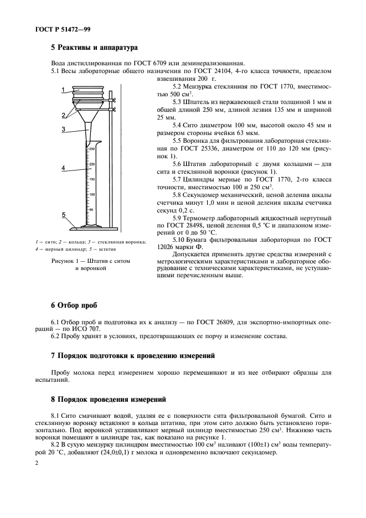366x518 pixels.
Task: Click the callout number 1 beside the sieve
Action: pyautogui.click(x=64, y=90)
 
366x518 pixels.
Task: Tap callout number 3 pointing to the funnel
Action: pyautogui.click(x=64, y=129)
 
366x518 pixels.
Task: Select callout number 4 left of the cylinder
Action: pyautogui.click(x=64, y=167)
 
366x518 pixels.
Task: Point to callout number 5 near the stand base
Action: pyautogui.click(x=64, y=215)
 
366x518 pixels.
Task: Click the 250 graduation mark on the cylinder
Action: pyautogui.click(x=92, y=149)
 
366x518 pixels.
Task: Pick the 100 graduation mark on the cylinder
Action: pyautogui.click(x=92, y=195)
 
